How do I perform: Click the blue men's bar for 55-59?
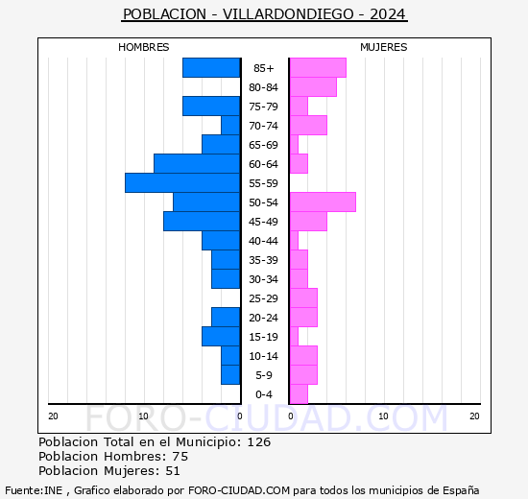click(x=182, y=182)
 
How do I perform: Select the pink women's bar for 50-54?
click(x=323, y=202)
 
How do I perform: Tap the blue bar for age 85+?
click(x=211, y=67)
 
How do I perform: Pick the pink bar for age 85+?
click(x=318, y=67)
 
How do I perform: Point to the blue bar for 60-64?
click(x=197, y=163)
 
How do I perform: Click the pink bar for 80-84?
click(x=313, y=86)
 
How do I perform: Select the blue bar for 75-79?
click(x=211, y=106)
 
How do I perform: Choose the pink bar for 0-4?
click(x=299, y=393)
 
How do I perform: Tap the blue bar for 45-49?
click(x=202, y=221)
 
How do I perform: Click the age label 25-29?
click(x=264, y=298)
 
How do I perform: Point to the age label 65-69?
click(x=264, y=145)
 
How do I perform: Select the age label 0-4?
click(x=264, y=394)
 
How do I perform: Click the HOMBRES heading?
click(x=144, y=47)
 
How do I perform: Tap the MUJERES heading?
click(x=383, y=47)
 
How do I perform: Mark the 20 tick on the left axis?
click(x=53, y=416)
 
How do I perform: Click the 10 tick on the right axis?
click(x=383, y=416)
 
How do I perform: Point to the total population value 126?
click(x=258, y=442)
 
